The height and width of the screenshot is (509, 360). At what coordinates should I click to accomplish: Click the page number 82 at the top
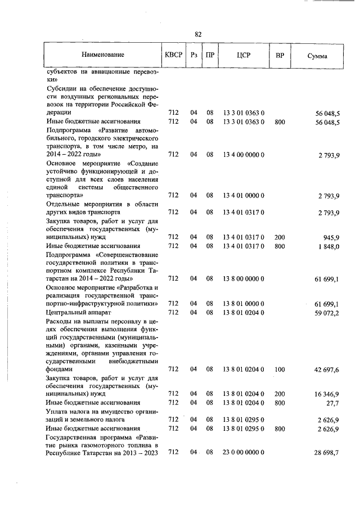tap(198, 34)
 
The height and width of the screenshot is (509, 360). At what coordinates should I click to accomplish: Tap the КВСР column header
tap(173, 55)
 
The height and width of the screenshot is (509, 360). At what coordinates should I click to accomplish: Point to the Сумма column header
tap(318, 56)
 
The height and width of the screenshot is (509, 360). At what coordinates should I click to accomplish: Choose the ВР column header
tap(280, 55)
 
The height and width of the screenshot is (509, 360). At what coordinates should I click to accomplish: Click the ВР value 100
tap(280, 370)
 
